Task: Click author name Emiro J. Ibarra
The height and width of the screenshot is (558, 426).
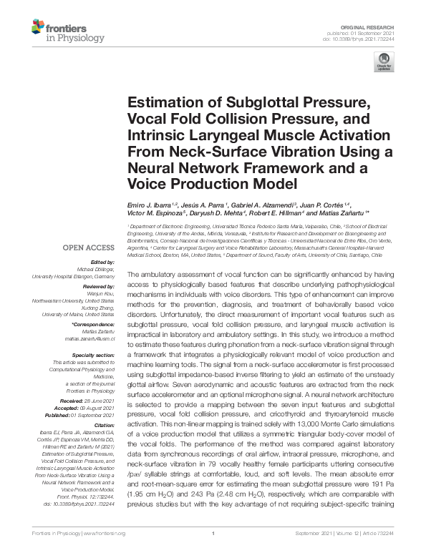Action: pyautogui.click(x=150, y=204)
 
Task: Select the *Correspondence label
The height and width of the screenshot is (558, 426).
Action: pyautogui.click(x=95, y=325)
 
